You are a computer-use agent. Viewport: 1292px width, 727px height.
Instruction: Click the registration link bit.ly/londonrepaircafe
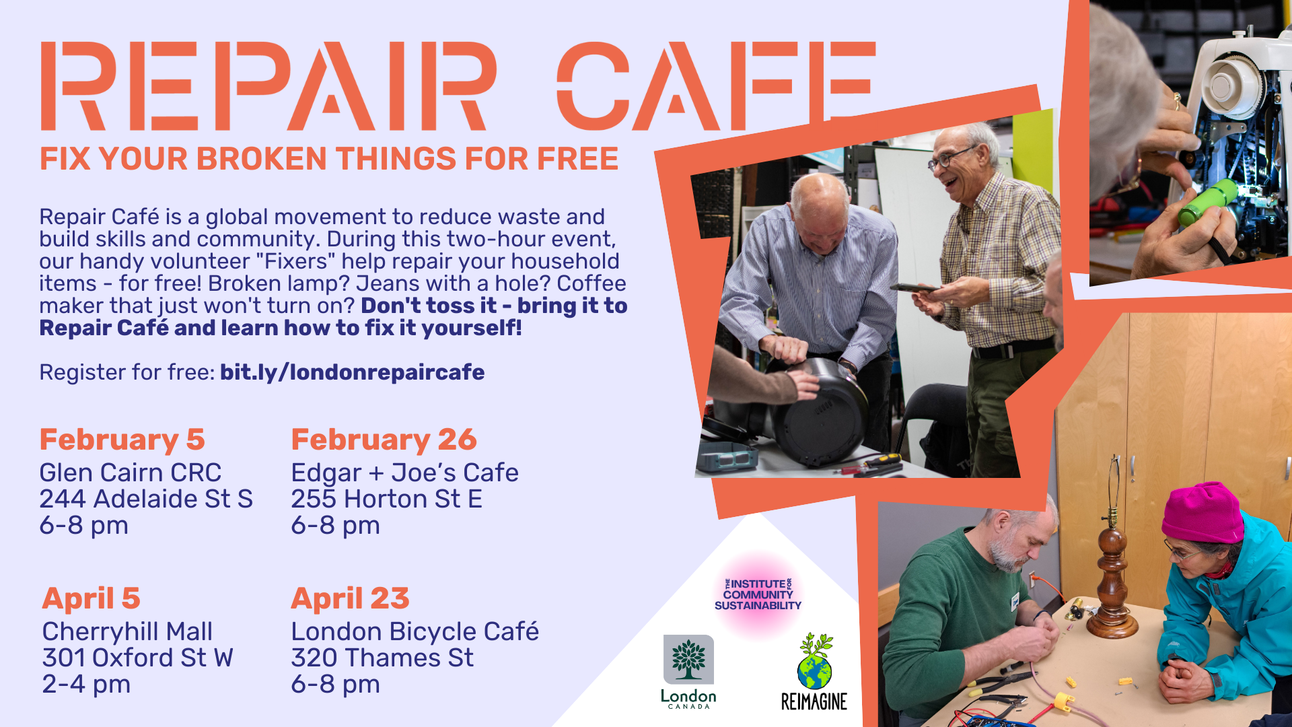[352, 373]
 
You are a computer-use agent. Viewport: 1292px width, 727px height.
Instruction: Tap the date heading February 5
[122, 440]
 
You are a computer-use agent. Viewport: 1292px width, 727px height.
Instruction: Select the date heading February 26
[384, 440]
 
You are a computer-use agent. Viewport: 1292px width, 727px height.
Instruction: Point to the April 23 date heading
[350, 598]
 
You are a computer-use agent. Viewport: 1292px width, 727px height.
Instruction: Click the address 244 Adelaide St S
[146, 499]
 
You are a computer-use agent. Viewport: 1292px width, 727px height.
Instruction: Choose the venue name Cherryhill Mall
[127, 632]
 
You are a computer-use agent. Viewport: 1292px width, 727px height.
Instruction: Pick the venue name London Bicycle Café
[415, 631]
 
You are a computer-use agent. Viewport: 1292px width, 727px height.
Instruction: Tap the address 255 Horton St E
[387, 499]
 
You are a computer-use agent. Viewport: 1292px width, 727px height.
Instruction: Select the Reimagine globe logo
[814, 671]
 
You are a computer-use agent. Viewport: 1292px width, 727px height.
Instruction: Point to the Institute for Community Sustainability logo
[758, 594]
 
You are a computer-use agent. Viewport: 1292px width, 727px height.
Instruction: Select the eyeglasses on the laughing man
[949, 158]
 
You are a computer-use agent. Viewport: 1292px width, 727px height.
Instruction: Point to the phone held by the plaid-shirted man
[914, 288]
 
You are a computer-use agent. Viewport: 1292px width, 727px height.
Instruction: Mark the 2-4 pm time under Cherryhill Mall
[86, 685]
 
